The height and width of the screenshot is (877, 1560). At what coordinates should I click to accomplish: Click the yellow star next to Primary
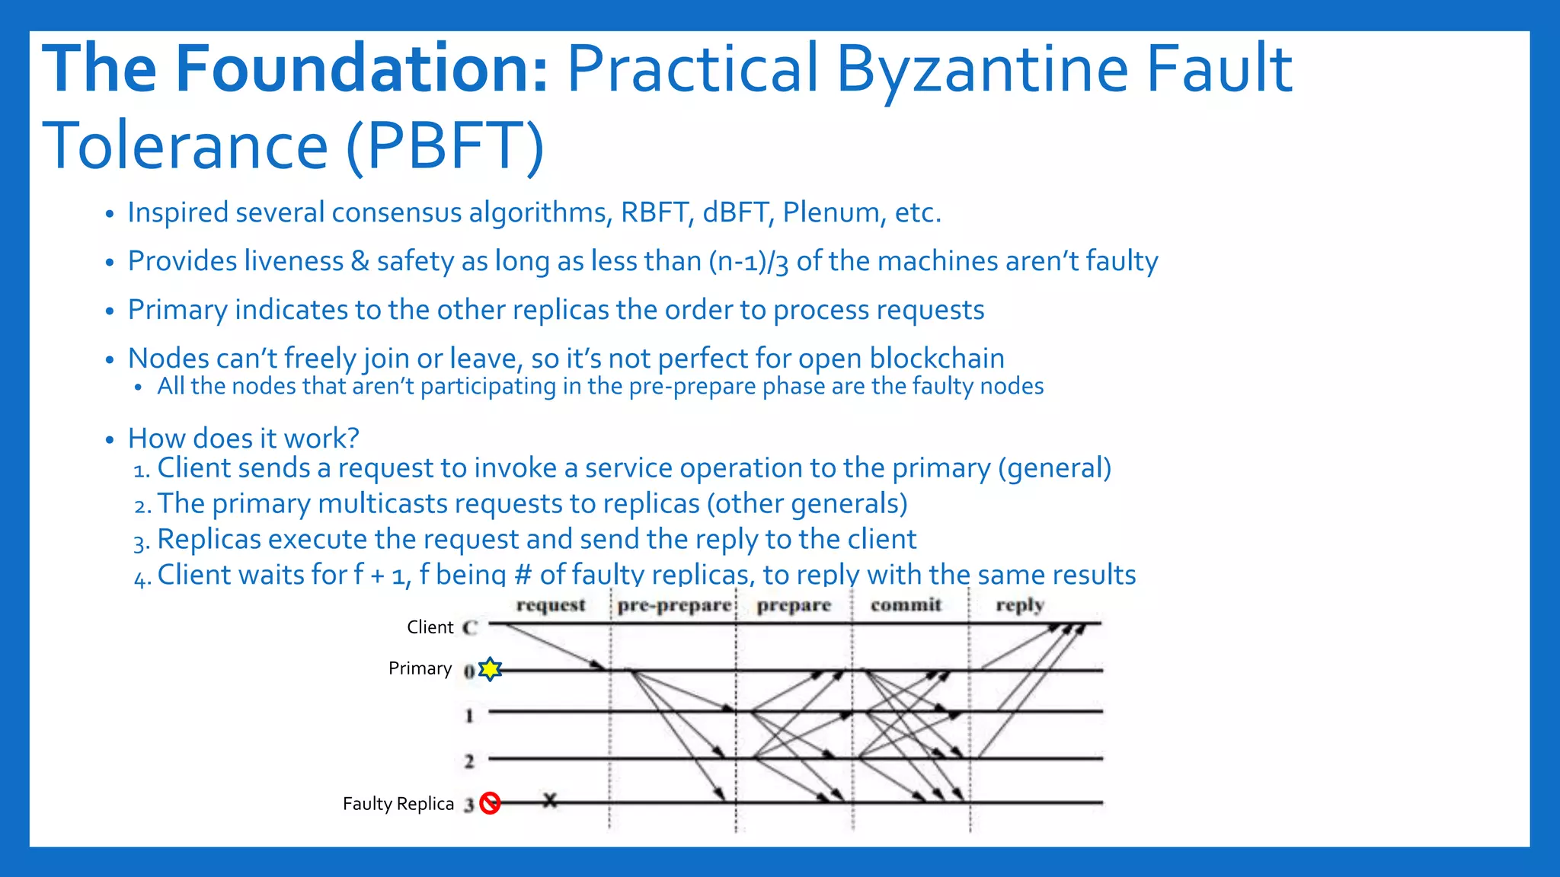pyautogui.click(x=491, y=669)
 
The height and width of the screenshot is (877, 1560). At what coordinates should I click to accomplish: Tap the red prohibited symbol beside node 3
pyautogui.click(x=490, y=803)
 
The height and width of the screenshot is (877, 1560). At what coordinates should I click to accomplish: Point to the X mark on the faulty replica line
pyautogui.click(x=550, y=800)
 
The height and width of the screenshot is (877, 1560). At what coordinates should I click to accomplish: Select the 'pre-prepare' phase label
pyautogui.click(x=674, y=605)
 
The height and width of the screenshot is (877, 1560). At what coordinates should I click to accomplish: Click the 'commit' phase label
pyautogui.click(x=906, y=605)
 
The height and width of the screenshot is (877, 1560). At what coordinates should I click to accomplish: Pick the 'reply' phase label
pyautogui.click(x=1019, y=605)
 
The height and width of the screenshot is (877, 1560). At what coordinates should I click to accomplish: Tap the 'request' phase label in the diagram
pyautogui.click(x=551, y=605)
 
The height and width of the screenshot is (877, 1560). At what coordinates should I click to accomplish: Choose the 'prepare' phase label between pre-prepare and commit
pyautogui.click(x=794, y=605)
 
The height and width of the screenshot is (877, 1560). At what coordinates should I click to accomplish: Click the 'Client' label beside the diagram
pyautogui.click(x=430, y=627)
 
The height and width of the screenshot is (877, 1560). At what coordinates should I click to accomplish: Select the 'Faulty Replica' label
pyautogui.click(x=398, y=804)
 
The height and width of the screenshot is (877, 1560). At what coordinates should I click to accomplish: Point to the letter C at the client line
pyautogui.click(x=470, y=627)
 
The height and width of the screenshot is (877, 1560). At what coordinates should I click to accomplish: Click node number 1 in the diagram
pyautogui.click(x=469, y=716)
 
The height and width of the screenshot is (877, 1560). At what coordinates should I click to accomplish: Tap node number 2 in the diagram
pyautogui.click(x=469, y=761)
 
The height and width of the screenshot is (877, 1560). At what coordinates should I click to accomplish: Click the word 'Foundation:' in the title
pyautogui.click(x=361, y=69)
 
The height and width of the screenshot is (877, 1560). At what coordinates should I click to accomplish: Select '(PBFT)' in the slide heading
pyautogui.click(x=445, y=145)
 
